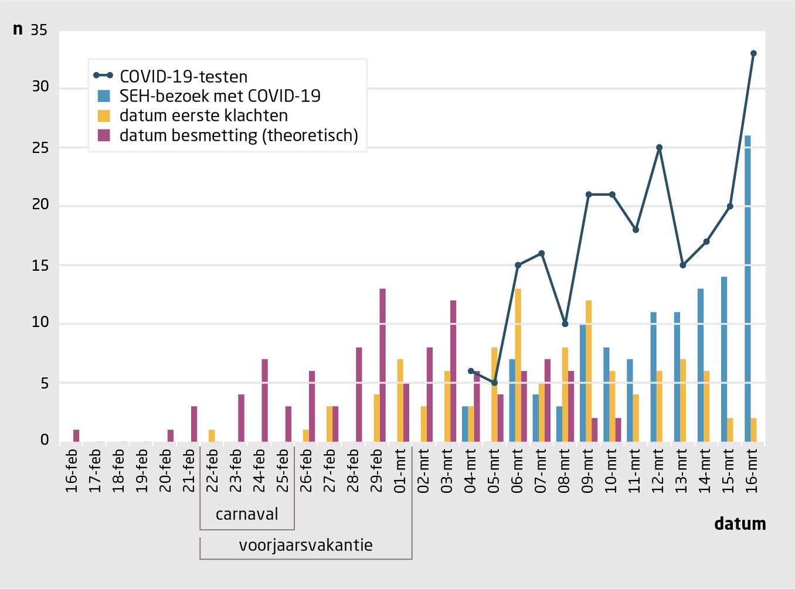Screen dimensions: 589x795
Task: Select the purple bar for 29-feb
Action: (x=382, y=365)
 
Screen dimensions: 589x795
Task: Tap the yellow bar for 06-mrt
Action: (x=518, y=365)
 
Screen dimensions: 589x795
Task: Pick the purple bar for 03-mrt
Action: (x=453, y=371)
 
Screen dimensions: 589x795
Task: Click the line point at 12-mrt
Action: (x=660, y=148)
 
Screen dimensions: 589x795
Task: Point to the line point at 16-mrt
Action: (x=753, y=53)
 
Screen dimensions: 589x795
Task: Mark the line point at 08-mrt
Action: (x=565, y=324)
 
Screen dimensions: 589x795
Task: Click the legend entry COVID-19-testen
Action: (x=183, y=76)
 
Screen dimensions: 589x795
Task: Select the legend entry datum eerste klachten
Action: (x=203, y=115)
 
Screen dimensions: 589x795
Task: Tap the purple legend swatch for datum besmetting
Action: (x=104, y=135)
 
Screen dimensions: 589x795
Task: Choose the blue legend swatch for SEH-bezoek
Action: (x=104, y=96)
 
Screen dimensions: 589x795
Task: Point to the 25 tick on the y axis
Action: (x=40, y=148)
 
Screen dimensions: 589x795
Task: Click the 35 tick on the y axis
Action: (x=39, y=30)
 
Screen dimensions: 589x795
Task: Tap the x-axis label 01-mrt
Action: (x=400, y=471)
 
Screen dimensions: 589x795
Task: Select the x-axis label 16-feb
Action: (x=72, y=471)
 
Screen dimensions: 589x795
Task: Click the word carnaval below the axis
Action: (x=247, y=514)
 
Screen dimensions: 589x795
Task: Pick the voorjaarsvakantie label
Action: (x=305, y=545)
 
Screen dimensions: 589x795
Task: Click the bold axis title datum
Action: (x=740, y=523)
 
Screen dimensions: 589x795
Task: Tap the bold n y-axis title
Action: (x=18, y=29)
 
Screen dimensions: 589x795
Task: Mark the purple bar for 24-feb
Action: (x=264, y=400)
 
